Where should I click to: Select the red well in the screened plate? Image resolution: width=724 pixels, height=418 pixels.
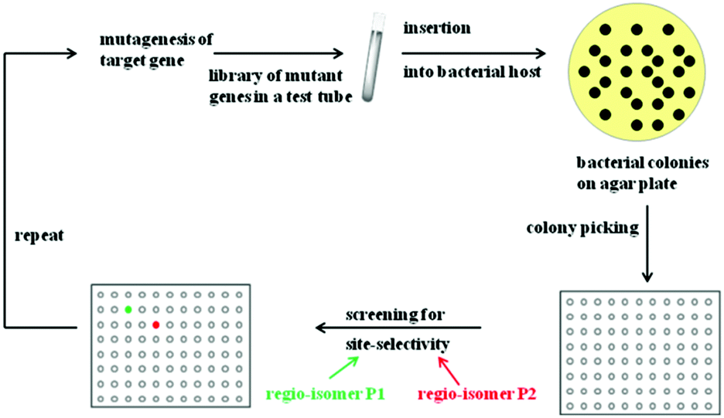(156, 325)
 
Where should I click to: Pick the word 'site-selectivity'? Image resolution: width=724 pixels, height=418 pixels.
(396, 342)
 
